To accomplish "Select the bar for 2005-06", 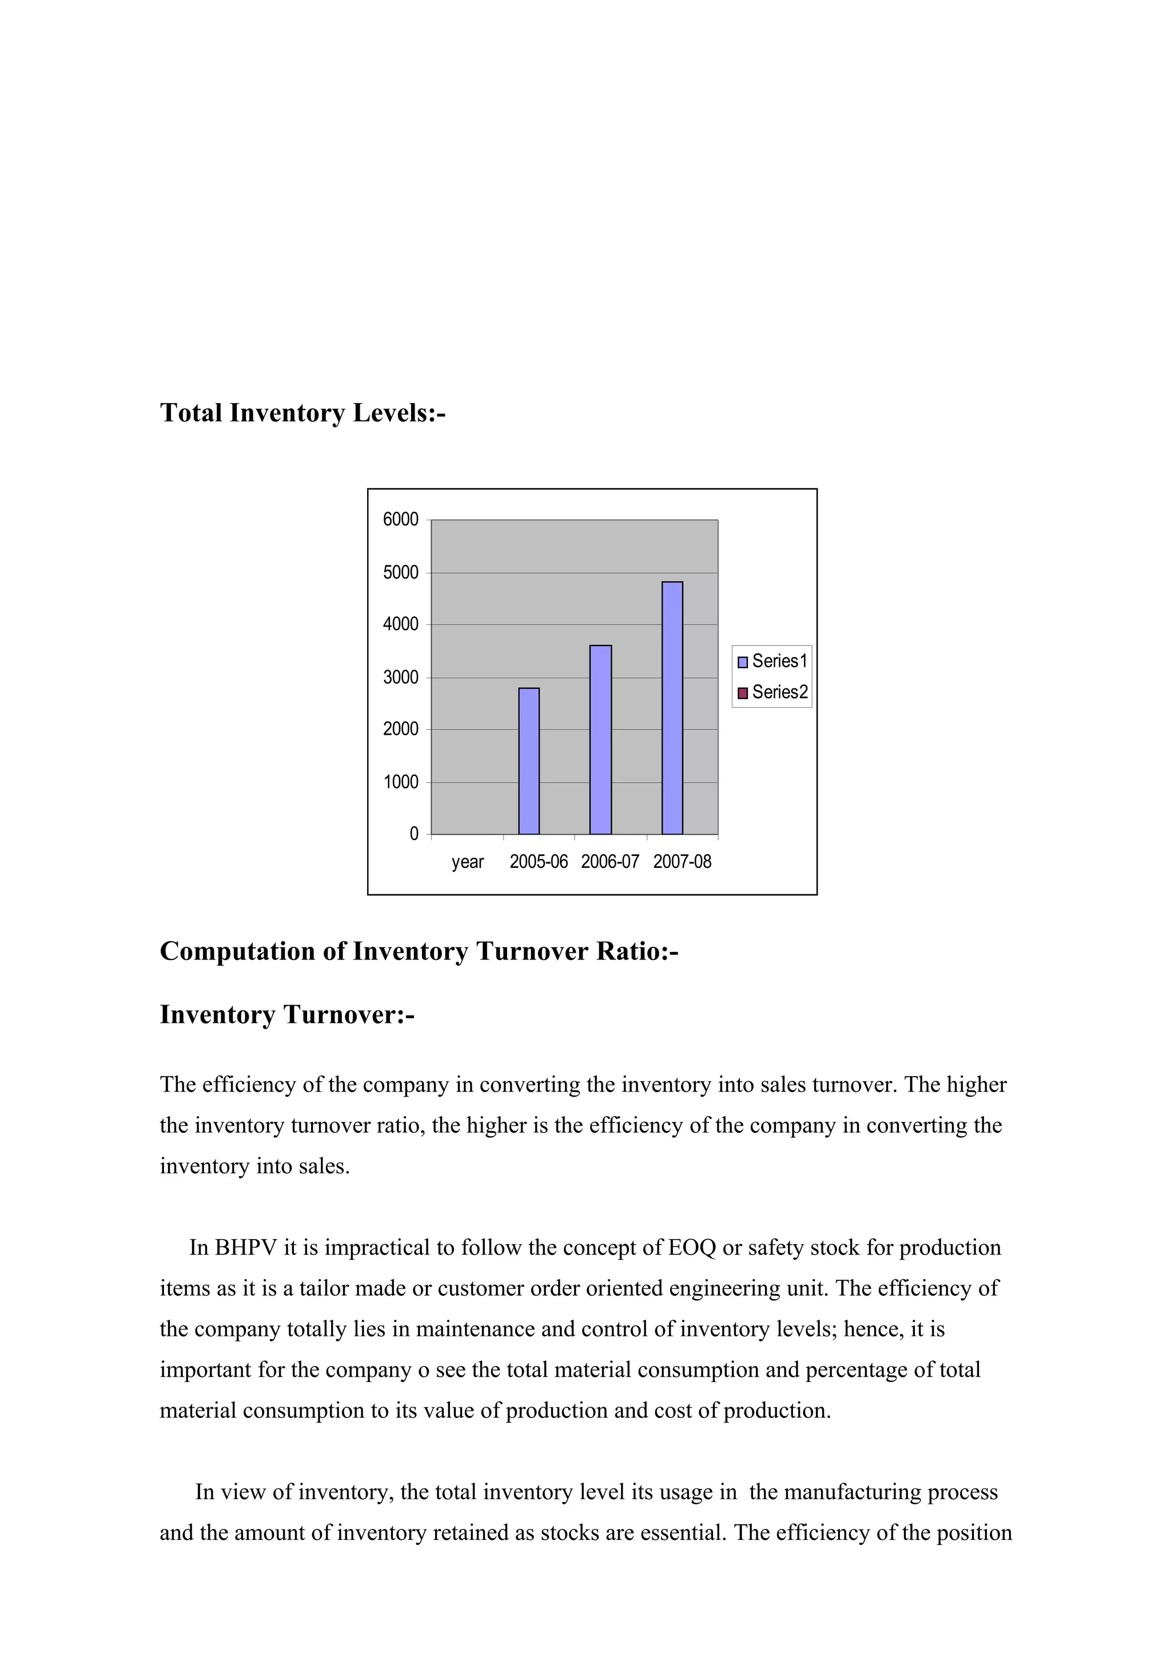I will click(x=529, y=762).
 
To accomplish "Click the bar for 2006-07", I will click(x=600, y=740).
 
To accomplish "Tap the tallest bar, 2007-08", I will click(x=672, y=708).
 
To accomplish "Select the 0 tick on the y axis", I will click(x=413, y=834).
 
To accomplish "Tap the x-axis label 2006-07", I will click(x=610, y=862).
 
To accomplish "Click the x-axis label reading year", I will click(x=468, y=862).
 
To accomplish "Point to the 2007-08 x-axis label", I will click(x=682, y=862).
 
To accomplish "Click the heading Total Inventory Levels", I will click(x=302, y=413).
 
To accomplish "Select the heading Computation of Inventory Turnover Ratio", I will click(x=419, y=951).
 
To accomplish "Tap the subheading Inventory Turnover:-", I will click(x=286, y=1015).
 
